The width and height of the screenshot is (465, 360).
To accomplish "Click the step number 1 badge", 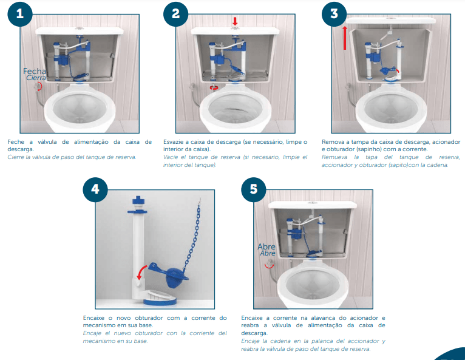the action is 20,14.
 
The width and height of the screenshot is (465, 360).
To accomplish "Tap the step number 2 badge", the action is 176,14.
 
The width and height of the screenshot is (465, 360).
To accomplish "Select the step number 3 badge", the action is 334,14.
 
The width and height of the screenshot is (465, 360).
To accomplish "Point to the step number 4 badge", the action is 95,189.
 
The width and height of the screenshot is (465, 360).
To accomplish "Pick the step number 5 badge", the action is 254,189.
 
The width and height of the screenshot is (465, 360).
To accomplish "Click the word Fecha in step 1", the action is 35,71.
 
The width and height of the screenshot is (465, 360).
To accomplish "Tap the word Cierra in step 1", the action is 36,78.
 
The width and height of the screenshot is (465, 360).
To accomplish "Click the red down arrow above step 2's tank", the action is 235,21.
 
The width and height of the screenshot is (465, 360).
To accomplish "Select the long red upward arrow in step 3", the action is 345,38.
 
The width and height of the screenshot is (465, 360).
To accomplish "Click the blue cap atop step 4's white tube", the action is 138,200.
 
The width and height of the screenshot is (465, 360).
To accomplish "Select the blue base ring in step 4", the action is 160,302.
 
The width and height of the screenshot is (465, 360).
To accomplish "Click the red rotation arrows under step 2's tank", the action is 214,87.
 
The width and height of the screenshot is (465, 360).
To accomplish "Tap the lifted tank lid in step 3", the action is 391,21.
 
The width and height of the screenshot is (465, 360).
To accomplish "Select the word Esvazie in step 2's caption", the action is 174,141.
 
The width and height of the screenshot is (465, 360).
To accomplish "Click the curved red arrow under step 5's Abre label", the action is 270,267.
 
